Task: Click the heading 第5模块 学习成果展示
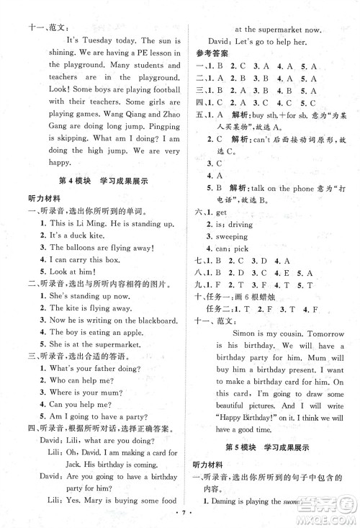[x=273, y=447]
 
